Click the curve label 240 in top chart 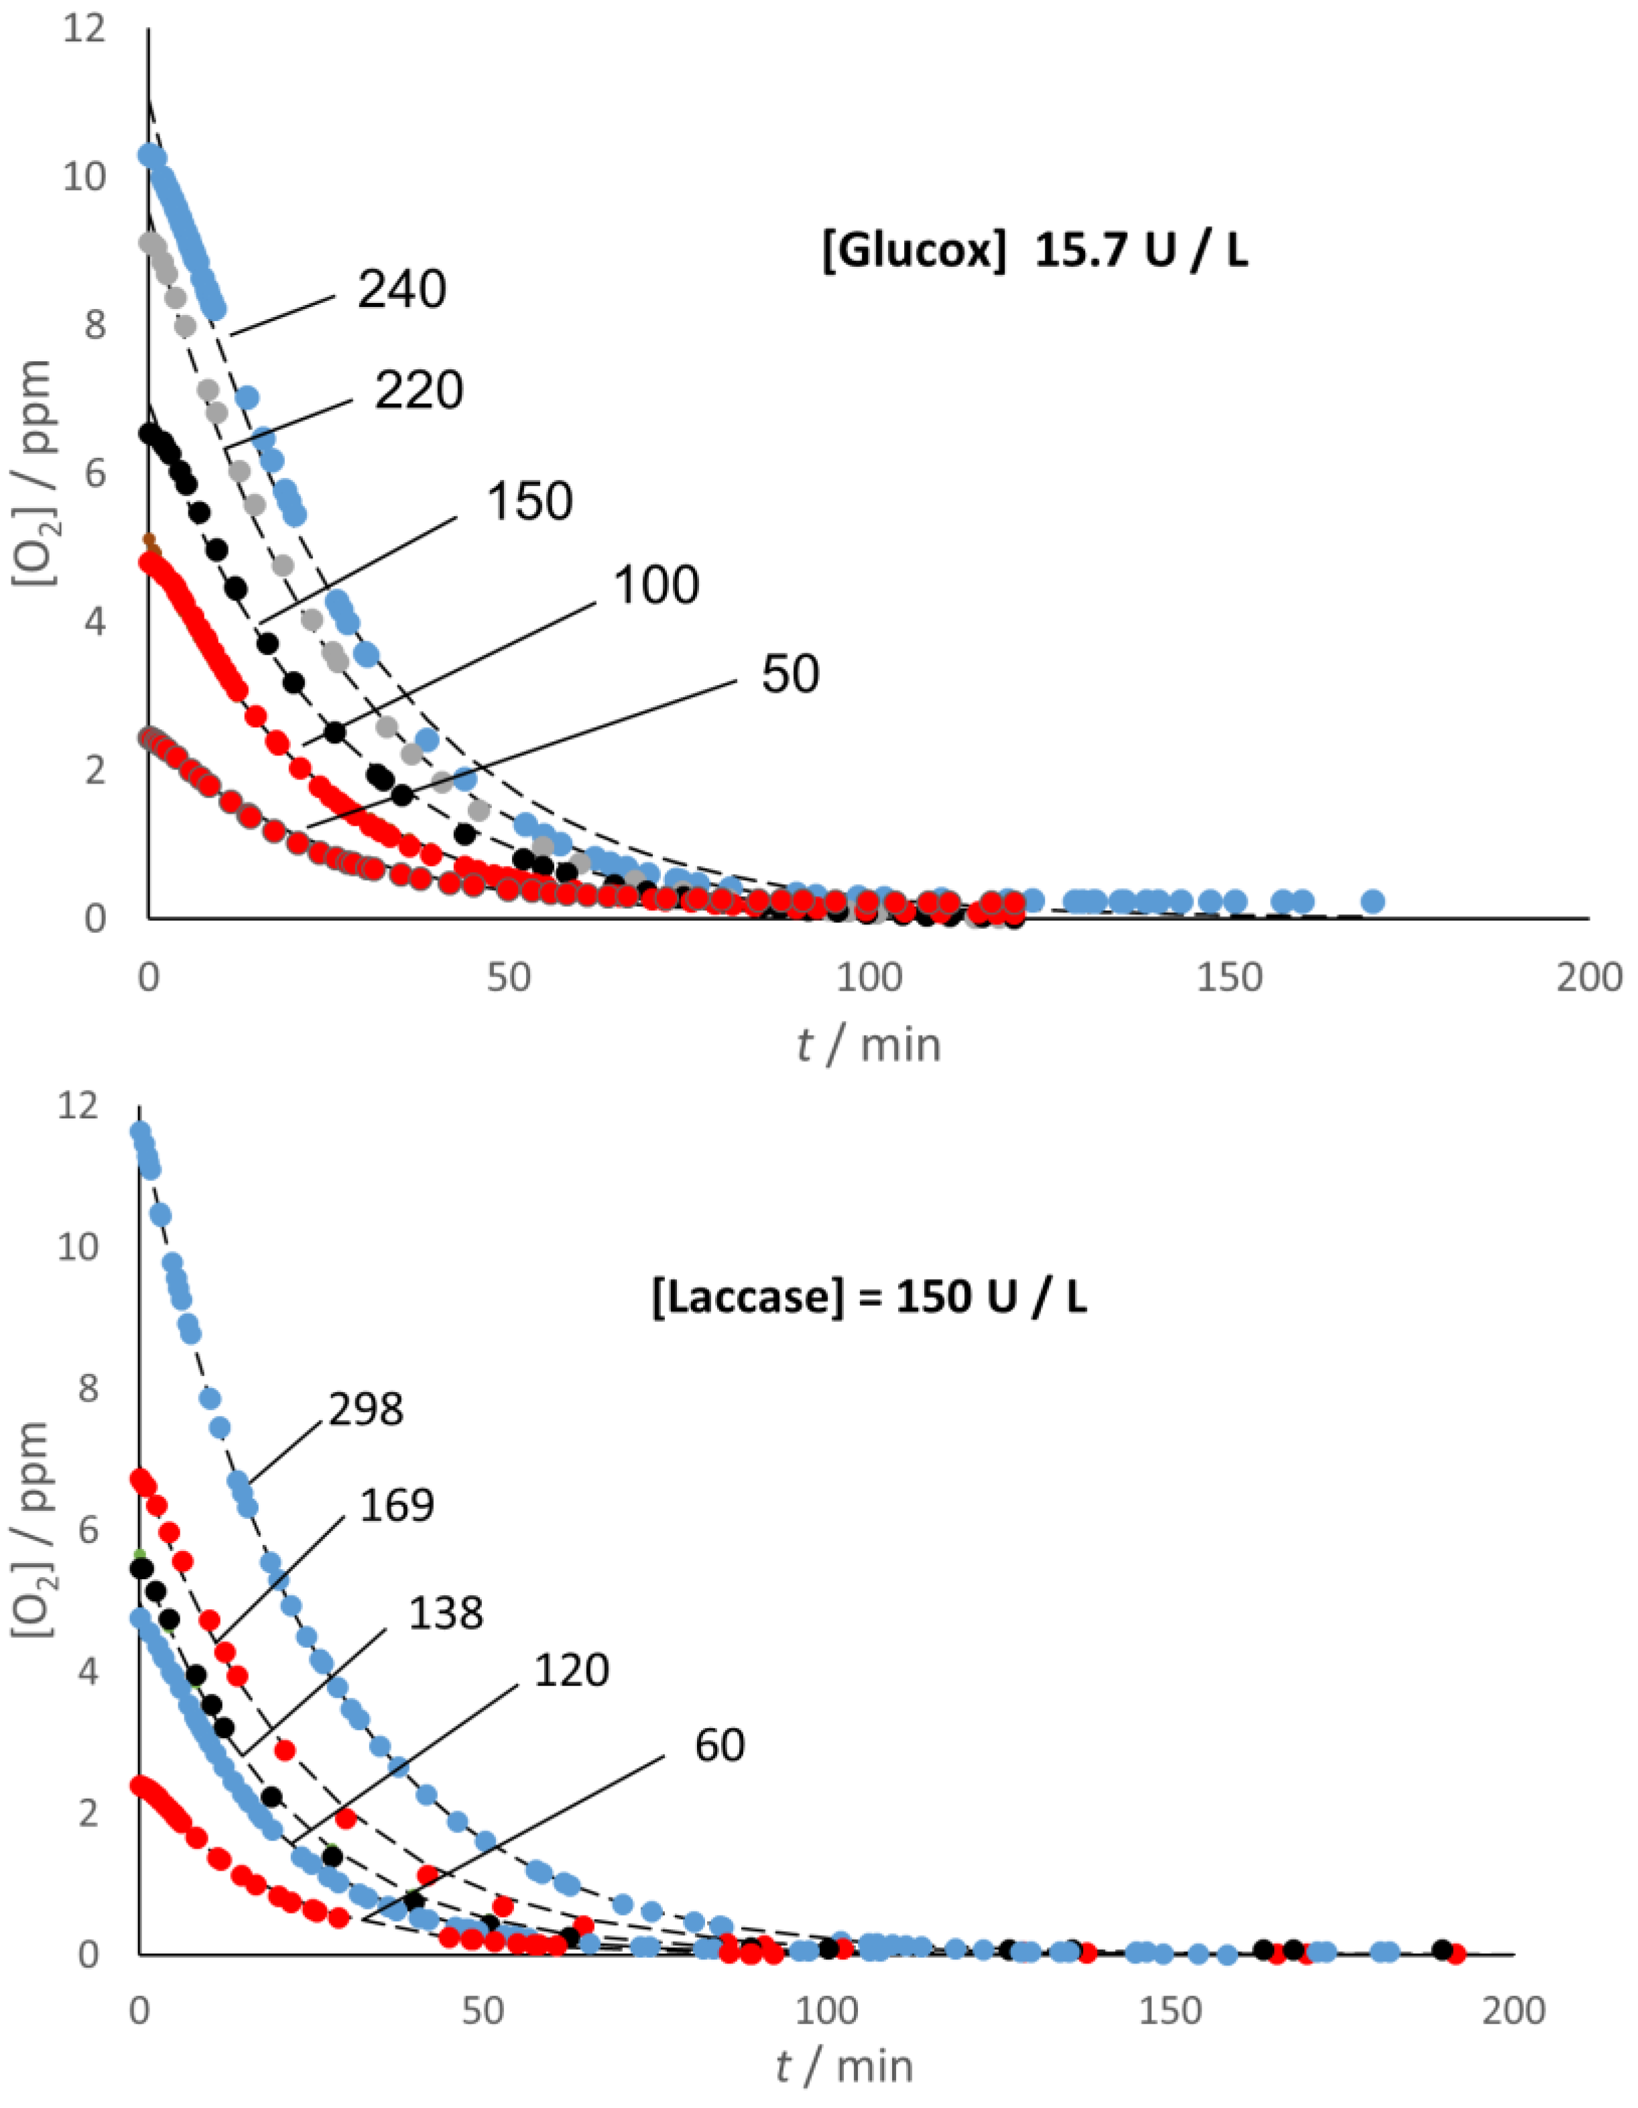[x=401, y=289]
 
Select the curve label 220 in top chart [x=419, y=391]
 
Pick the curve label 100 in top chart [x=655, y=586]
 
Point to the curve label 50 [x=790, y=674]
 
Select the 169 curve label [x=397, y=1505]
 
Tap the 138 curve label [x=445, y=1613]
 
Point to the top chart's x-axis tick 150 [x=1228, y=978]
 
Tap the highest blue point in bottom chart [x=140, y=1130]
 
